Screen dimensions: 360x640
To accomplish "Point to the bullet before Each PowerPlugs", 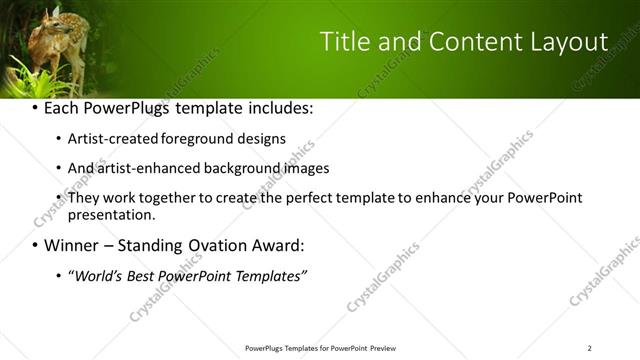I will pos(35,107).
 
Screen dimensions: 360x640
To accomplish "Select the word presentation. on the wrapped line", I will pos(111,214).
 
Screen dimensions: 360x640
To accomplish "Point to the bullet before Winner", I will pos(35,245).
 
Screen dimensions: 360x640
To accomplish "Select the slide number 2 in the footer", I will pos(589,348).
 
